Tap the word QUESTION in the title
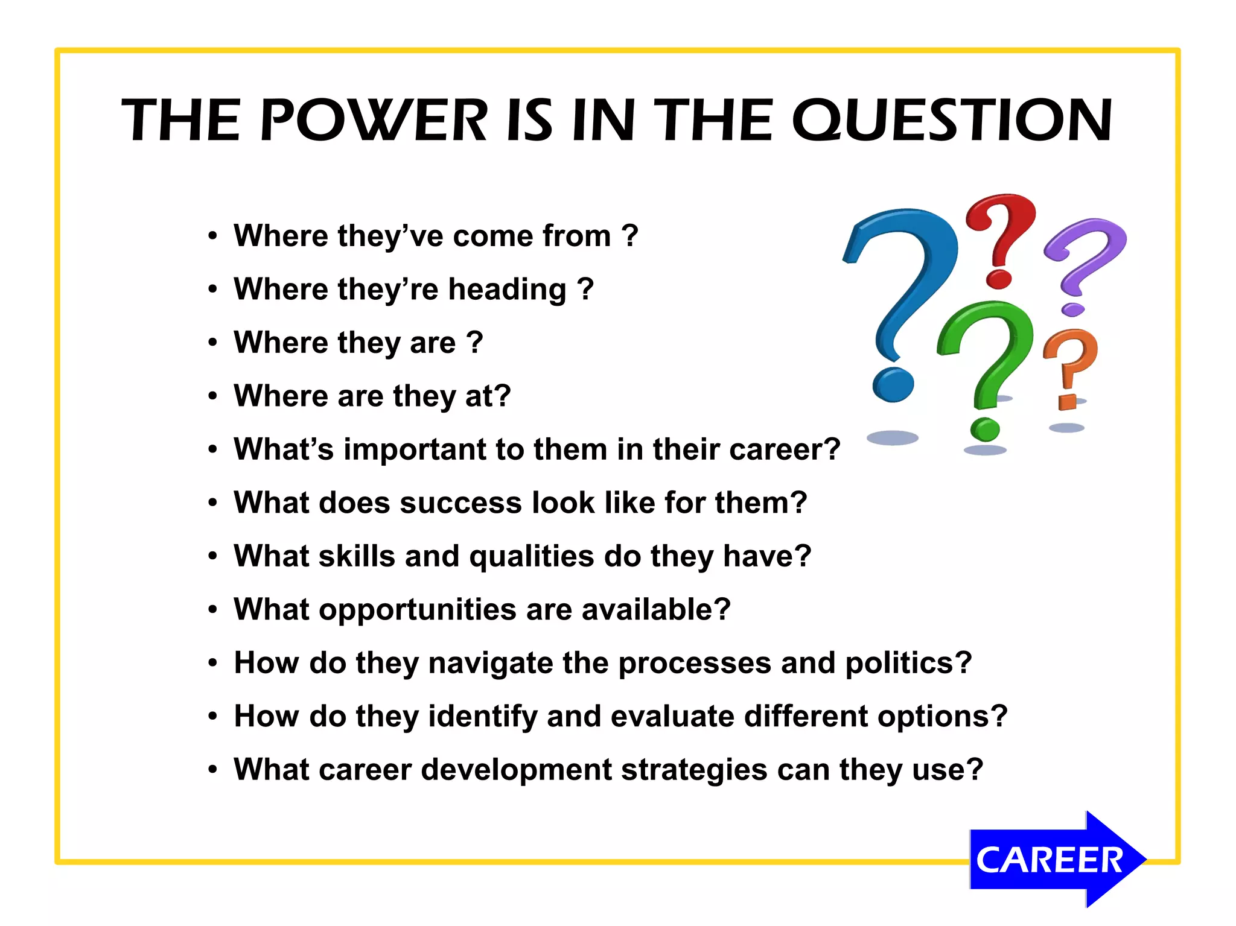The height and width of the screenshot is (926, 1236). click(952, 121)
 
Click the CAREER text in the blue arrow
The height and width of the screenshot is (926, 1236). click(1049, 860)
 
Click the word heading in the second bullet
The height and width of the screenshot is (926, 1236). click(507, 290)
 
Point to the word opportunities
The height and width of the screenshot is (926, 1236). click(417, 610)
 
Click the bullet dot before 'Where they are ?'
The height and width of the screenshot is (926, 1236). click(212, 343)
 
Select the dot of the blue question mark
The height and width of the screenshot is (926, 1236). click(893, 385)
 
